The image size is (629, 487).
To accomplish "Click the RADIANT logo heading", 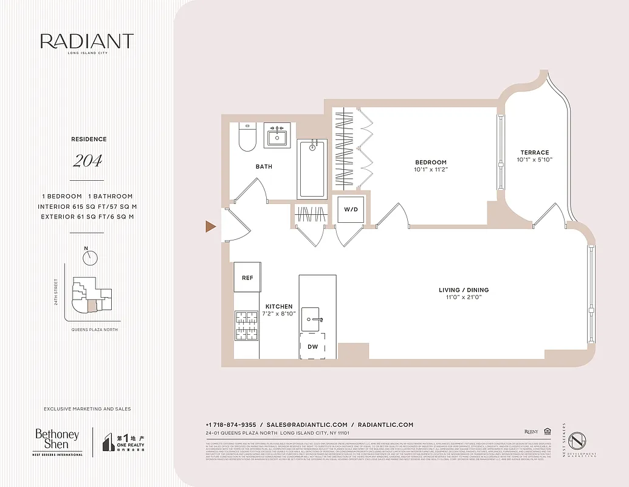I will [x=87, y=41].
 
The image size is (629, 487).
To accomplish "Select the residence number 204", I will [x=88, y=161].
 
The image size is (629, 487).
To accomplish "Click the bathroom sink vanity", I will [x=279, y=136].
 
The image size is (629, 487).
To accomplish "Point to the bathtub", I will [x=312, y=169].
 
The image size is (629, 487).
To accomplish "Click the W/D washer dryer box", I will [x=351, y=209].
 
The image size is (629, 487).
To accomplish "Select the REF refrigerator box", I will [x=247, y=278].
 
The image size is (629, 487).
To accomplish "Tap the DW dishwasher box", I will [x=312, y=346].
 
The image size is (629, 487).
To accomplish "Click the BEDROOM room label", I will [x=431, y=162].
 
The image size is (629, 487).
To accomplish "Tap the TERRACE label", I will [x=534, y=152].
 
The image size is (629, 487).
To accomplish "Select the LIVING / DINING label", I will [x=464, y=290].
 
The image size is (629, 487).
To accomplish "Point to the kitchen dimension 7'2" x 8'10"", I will [x=279, y=314].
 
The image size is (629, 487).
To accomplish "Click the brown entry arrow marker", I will [x=210, y=226].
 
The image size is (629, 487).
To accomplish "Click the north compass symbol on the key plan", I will [x=91, y=257].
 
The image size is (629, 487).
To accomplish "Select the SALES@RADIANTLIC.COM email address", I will [x=307, y=425].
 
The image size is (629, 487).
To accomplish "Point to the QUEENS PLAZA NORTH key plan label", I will [x=92, y=329].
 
